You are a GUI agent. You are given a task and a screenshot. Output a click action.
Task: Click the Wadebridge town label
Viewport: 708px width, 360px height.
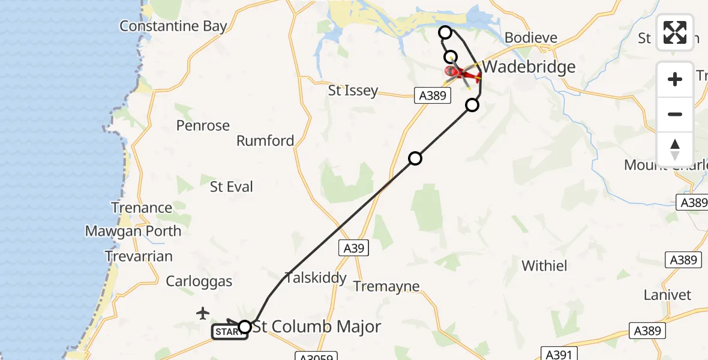[529, 67]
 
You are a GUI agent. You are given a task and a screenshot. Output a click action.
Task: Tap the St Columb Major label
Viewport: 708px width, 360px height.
[317, 327]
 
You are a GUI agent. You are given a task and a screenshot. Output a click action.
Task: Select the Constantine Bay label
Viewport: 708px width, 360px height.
[173, 26]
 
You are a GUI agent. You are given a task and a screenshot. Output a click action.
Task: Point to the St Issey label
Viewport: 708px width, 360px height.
[353, 91]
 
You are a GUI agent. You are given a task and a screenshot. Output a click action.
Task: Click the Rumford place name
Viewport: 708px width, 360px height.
[265, 141]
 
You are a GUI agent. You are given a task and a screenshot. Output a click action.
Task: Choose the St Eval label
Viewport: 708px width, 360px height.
[232, 187]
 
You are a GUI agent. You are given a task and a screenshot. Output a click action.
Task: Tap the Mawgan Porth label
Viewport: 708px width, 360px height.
[133, 231]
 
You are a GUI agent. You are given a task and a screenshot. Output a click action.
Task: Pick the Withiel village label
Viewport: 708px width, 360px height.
[545, 265]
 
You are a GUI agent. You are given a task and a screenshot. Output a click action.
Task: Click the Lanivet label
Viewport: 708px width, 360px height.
[667, 295]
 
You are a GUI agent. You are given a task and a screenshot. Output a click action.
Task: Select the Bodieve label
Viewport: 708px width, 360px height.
[531, 38]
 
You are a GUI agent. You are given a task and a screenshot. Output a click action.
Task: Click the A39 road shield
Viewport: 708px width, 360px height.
[353, 248]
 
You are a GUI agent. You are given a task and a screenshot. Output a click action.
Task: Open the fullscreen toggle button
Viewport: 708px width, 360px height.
[675, 32]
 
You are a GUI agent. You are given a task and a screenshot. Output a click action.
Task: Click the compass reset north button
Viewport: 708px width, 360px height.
[675, 149]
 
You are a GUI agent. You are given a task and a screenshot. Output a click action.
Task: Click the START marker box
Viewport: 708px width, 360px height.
[229, 332]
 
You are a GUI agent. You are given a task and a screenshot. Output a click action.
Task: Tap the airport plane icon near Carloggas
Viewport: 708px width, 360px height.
[203, 313]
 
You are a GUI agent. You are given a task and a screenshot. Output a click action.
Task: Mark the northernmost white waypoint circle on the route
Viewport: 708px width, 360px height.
[445, 32]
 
